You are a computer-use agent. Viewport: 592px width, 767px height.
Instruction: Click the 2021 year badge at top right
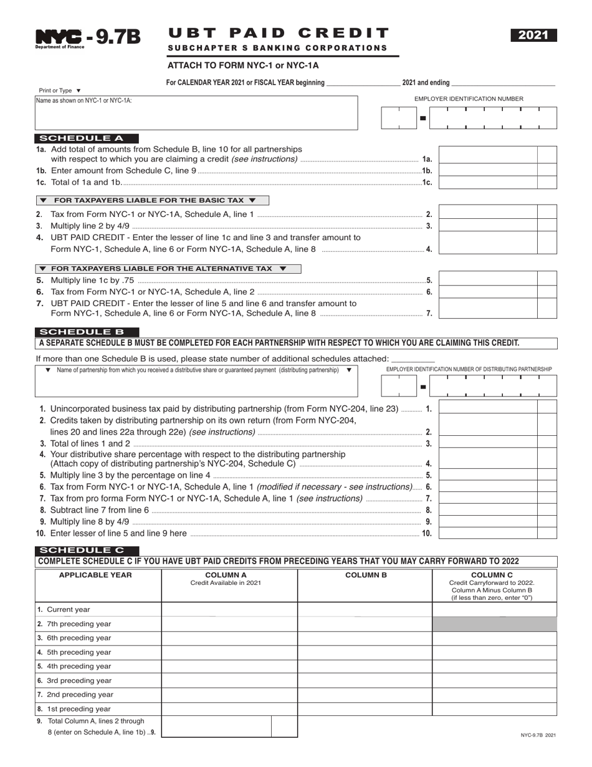click(x=534, y=36)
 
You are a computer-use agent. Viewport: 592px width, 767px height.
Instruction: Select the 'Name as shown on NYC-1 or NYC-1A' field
click(x=196, y=113)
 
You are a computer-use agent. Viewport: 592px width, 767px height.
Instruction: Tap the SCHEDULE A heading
click(x=87, y=138)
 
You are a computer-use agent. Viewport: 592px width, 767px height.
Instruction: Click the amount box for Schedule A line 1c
click(x=488, y=182)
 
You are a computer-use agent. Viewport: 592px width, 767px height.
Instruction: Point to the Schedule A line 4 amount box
click(x=488, y=243)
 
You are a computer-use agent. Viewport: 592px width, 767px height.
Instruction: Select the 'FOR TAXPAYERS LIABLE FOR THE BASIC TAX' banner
click(x=153, y=200)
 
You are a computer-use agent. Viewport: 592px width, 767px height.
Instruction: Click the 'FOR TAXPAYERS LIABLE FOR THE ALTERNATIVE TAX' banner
click(x=168, y=269)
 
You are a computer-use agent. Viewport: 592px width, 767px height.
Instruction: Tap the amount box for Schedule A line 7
click(x=488, y=309)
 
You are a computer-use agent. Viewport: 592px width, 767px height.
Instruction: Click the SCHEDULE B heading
click(x=87, y=332)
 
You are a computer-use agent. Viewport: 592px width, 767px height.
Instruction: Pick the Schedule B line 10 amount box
click(x=488, y=533)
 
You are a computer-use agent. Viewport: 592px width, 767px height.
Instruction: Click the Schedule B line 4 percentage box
click(x=488, y=458)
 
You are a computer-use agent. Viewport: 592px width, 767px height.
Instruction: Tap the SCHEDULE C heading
click(x=87, y=550)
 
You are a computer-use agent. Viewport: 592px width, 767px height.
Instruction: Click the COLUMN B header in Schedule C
click(x=366, y=575)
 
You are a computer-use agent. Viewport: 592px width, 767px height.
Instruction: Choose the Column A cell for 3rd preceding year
click(x=229, y=680)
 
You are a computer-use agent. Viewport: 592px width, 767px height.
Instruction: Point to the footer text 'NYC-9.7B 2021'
click(x=538, y=735)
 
